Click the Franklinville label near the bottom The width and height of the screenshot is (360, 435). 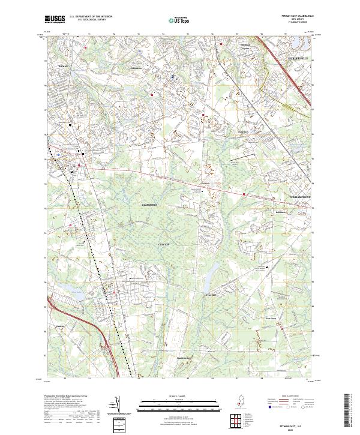185,359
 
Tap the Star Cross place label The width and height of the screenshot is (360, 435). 271,319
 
